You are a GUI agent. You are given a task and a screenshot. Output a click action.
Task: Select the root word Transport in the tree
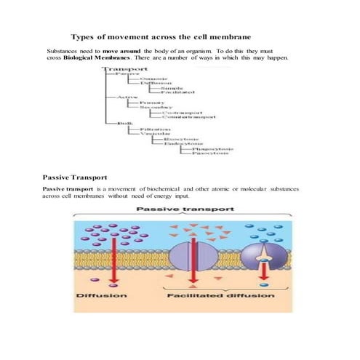(x=121, y=70)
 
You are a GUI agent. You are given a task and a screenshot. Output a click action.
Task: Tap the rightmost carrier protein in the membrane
(x=263, y=260)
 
